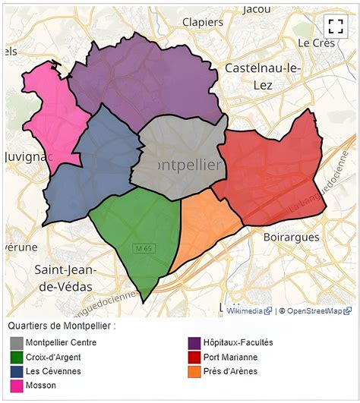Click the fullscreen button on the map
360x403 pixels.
click(335, 26)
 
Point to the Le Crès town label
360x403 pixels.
click(316, 43)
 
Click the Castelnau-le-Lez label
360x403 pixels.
click(263, 77)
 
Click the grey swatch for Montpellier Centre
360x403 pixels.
click(16, 343)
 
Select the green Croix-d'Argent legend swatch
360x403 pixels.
click(16, 357)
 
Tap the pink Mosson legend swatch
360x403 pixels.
click(16, 386)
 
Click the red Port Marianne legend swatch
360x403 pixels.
click(194, 357)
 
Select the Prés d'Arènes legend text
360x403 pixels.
click(230, 371)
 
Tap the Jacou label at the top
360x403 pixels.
click(257, 9)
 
